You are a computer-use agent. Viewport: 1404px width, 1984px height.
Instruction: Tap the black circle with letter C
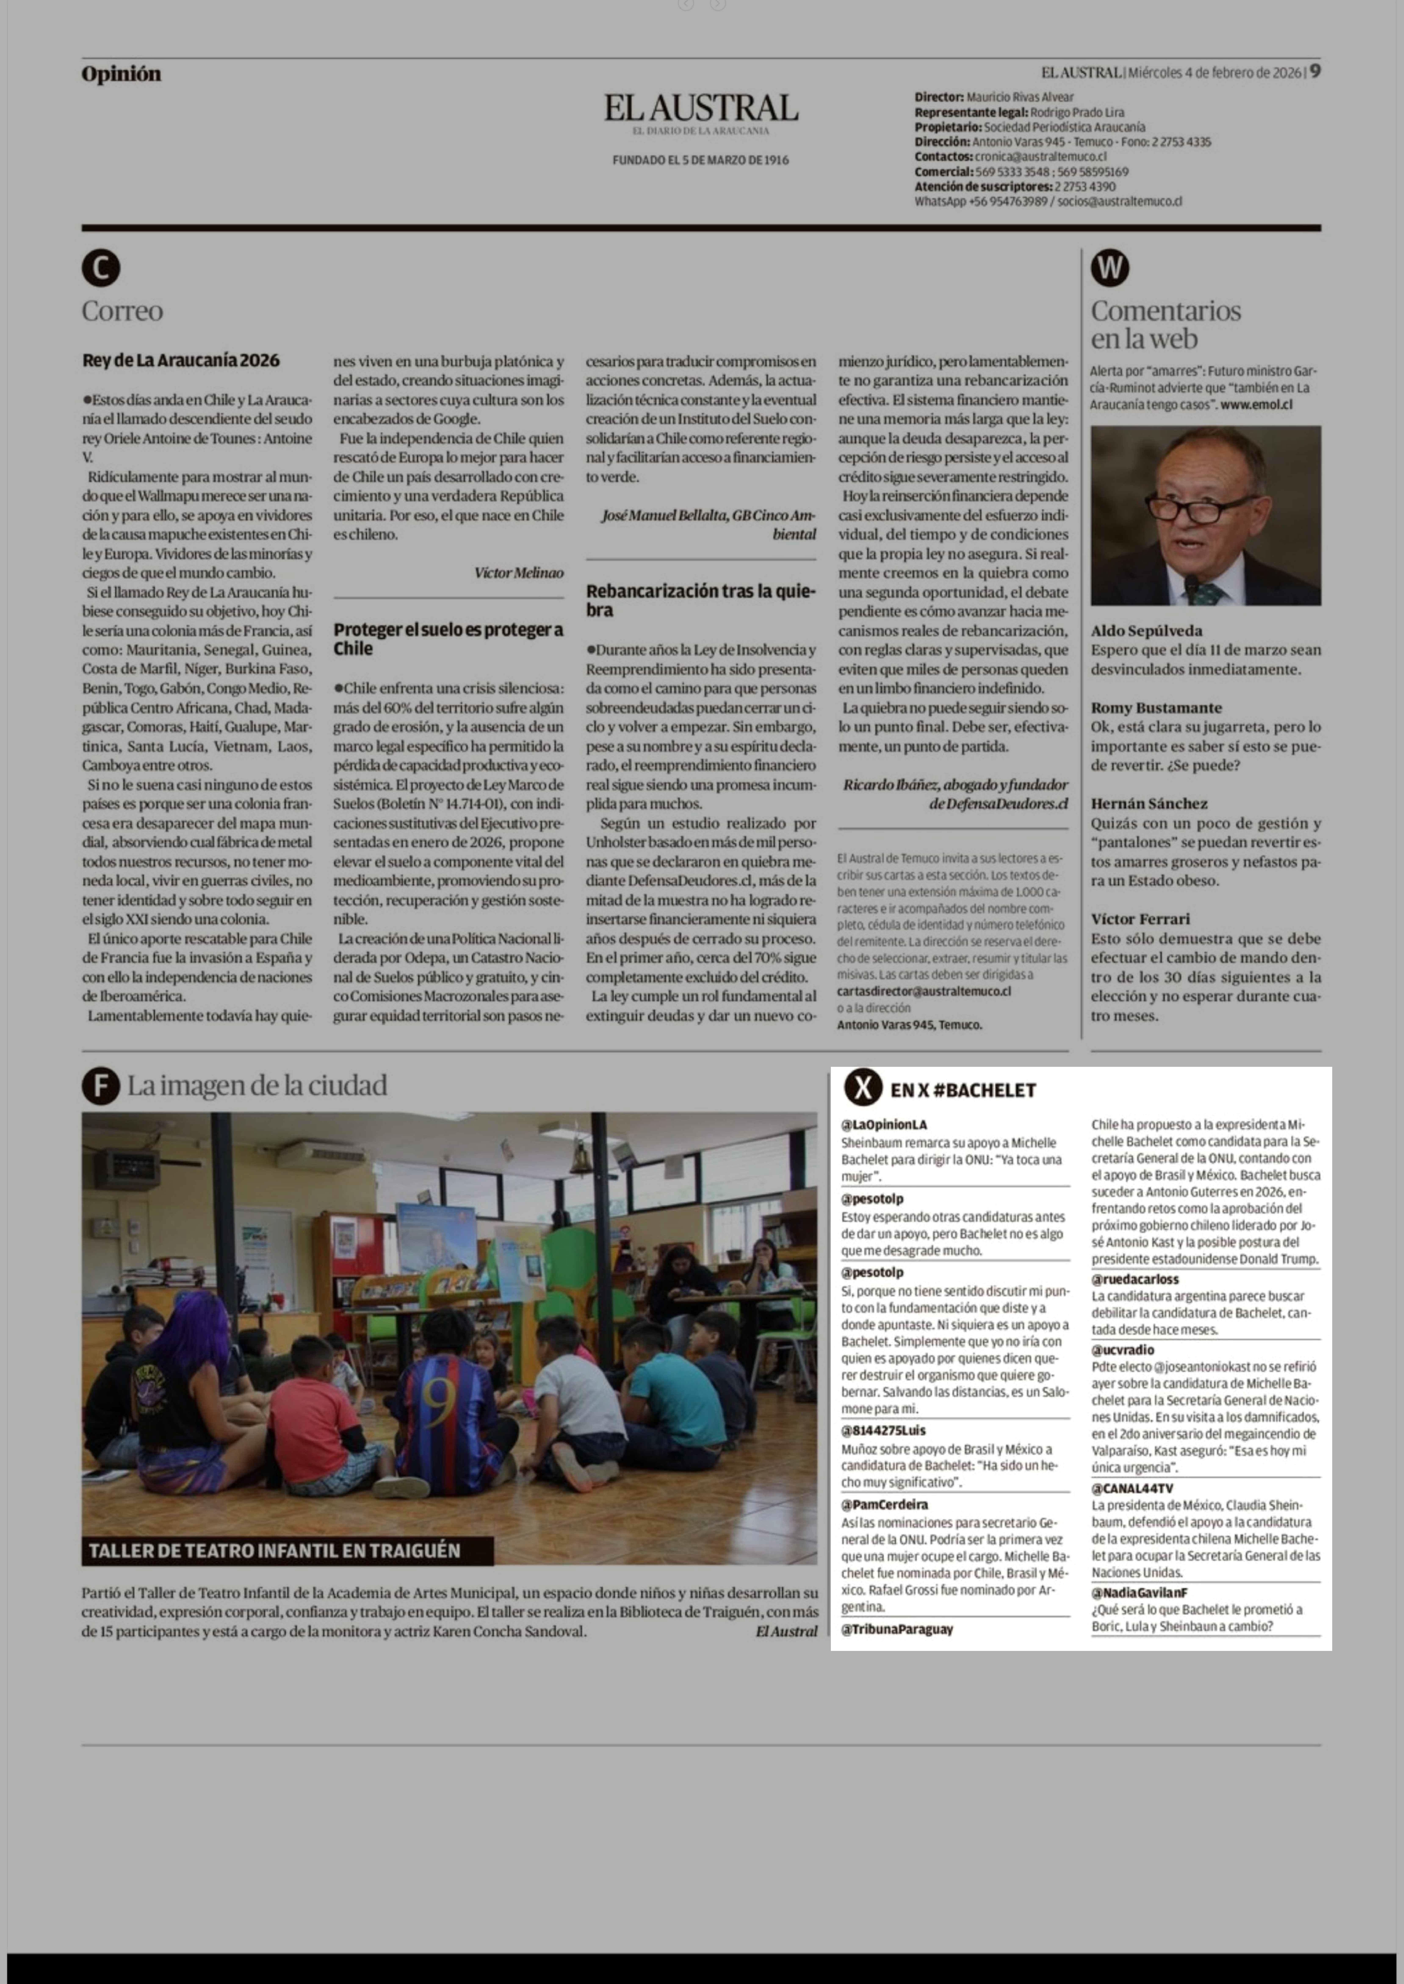(101, 268)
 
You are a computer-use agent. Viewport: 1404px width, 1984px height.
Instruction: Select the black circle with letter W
(1110, 268)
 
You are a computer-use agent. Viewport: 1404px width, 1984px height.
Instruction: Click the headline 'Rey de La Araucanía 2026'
(181, 360)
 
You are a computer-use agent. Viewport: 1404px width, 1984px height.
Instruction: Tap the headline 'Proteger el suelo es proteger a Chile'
(448, 638)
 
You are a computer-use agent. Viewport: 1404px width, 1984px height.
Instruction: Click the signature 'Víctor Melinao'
(519, 572)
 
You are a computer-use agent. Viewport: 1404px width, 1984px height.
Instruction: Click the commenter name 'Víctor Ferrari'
(1140, 918)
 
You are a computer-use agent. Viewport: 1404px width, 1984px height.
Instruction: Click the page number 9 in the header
(1314, 72)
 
